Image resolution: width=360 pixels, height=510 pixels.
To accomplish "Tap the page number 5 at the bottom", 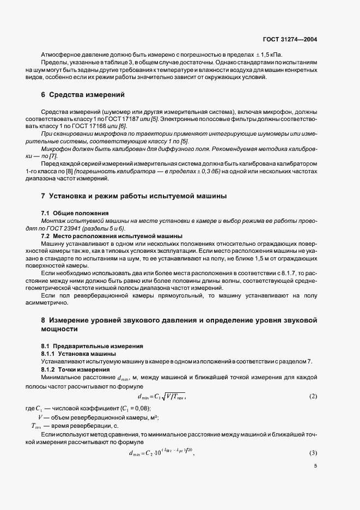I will pos(315,466).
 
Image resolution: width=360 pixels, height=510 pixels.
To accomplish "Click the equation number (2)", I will pos(313,396).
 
